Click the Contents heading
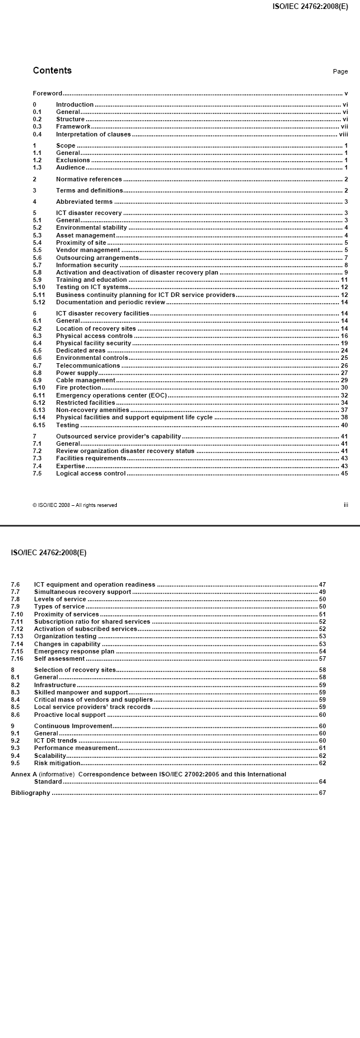52,71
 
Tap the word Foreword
47,93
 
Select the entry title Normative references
89,179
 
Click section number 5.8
37,272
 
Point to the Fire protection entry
78,387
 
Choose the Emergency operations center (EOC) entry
111,395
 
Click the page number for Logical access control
344,473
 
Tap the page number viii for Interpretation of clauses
343,134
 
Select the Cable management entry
85,380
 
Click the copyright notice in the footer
75,505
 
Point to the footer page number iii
346,505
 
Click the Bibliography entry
30,793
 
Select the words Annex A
22,774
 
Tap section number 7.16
17,659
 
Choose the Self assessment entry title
59,659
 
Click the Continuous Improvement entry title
73,726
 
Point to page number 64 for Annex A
322,781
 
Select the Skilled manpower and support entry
81,692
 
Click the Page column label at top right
340,72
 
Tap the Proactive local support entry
70,715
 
